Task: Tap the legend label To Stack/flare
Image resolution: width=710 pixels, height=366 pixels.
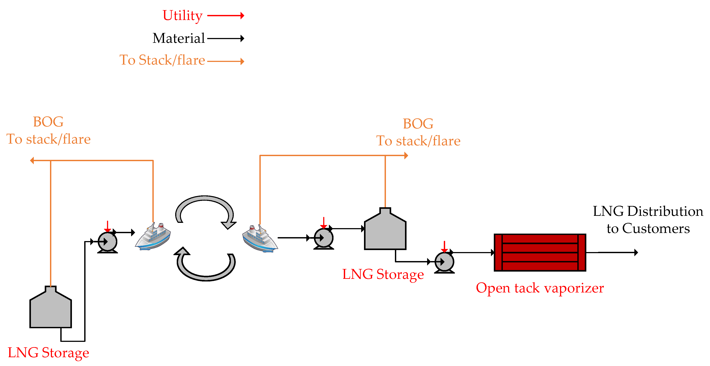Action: click(x=162, y=60)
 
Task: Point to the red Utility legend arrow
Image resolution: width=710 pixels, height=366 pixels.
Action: click(x=225, y=16)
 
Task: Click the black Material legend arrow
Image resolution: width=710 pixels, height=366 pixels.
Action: click(x=225, y=38)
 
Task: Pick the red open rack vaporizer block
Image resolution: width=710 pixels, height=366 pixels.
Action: click(x=540, y=252)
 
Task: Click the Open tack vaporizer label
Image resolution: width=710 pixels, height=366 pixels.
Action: click(x=540, y=288)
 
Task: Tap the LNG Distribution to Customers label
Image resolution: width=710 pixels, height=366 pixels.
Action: click(x=648, y=220)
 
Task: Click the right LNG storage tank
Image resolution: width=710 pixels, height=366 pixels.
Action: click(x=385, y=231)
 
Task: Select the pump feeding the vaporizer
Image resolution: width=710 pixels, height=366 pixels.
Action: click(x=444, y=262)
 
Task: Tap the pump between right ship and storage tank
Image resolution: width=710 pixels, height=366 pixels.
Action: click(x=324, y=238)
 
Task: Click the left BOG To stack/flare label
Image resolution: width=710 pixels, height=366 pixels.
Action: click(x=48, y=130)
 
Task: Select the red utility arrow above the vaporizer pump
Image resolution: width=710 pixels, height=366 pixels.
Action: click(x=444, y=246)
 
